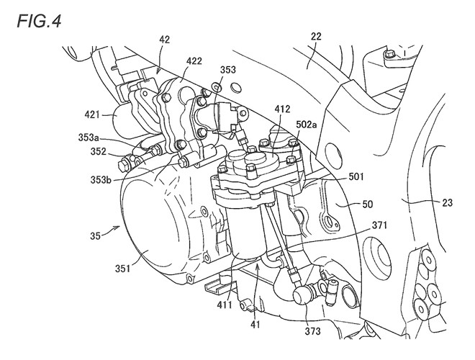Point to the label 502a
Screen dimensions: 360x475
[x=305, y=124]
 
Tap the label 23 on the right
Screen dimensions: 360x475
[x=447, y=203]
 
